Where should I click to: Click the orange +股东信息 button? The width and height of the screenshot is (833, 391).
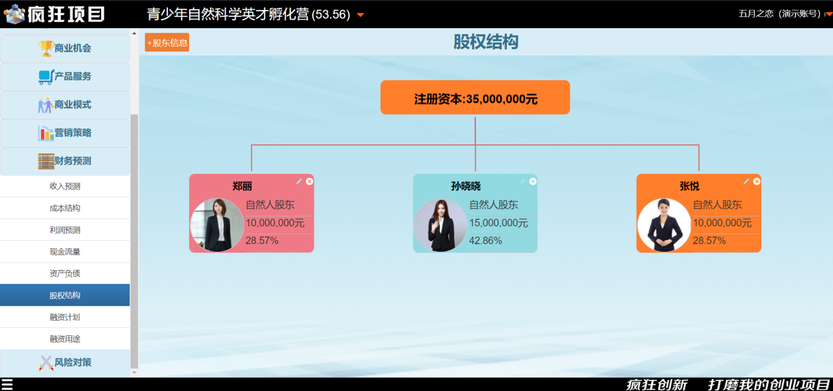(x=167, y=43)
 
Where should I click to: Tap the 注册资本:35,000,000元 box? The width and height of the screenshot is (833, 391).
(x=475, y=97)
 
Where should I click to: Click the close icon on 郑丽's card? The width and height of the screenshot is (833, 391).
(x=309, y=181)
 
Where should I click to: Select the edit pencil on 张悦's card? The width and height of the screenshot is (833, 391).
(x=746, y=181)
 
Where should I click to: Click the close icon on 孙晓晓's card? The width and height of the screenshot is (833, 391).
(x=533, y=181)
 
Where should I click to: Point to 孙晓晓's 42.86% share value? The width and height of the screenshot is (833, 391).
(x=485, y=241)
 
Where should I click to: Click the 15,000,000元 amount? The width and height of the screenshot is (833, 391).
(x=498, y=223)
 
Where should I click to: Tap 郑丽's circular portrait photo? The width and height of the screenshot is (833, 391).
(x=217, y=225)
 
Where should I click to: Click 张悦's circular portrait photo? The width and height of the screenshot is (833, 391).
(x=664, y=225)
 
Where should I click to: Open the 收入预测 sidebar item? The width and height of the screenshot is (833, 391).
(x=65, y=186)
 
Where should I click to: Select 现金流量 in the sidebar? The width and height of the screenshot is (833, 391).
(x=65, y=252)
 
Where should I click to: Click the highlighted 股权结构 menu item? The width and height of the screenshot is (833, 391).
(x=65, y=295)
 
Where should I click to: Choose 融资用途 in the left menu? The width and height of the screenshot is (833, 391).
(x=65, y=339)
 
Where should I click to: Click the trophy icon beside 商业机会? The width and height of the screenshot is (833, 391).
(x=46, y=49)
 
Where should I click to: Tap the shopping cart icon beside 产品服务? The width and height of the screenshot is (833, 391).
(x=46, y=77)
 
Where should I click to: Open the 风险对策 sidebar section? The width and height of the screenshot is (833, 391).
(x=65, y=363)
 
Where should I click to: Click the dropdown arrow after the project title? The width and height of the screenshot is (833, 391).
(x=360, y=15)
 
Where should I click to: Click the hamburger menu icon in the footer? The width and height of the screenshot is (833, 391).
(x=7, y=384)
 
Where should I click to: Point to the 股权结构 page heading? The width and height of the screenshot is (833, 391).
(x=486, y=41)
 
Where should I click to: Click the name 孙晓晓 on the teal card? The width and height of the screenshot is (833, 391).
(x=465, y=186)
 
